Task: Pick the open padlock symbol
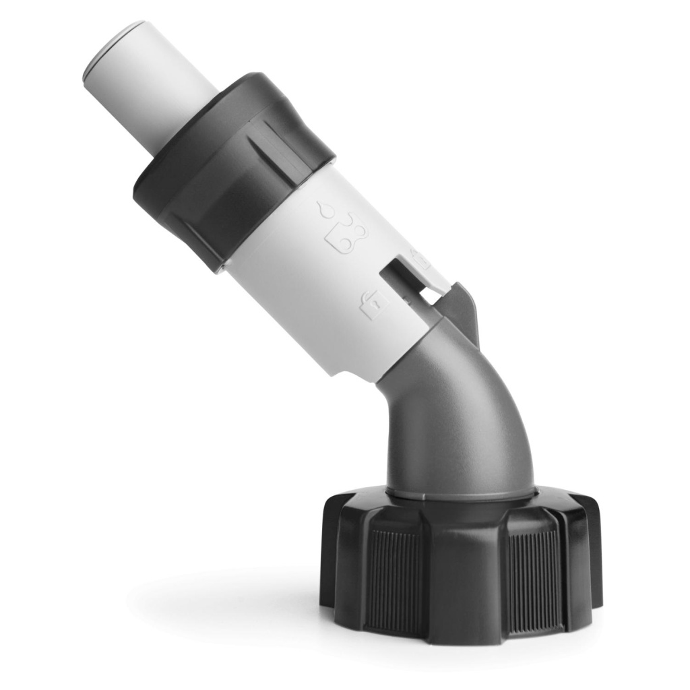(x=373, y=305)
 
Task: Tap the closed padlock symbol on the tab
(x=420, y=259)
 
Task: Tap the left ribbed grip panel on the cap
(x=398, y=576)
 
